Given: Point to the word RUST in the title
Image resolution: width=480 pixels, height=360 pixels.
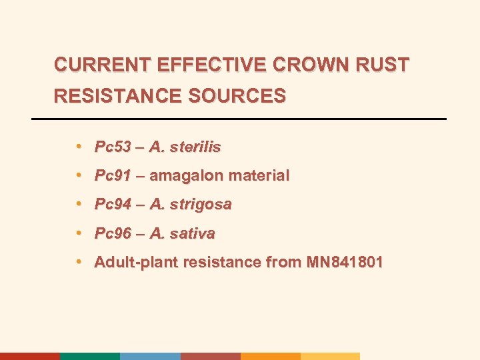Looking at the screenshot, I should click(386, 65).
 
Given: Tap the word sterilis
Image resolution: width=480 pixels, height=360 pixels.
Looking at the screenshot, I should click(195, 147).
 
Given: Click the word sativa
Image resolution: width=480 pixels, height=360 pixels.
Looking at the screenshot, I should click(192, 233).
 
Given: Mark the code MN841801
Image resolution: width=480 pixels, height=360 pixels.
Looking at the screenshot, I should click(345, 262).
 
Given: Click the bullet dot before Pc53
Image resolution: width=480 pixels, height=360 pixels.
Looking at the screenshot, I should click(79, 146).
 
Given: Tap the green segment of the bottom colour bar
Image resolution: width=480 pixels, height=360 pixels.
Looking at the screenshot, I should click(90, 356).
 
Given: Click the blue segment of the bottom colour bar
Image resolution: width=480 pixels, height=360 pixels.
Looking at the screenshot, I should click(150, 356).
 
